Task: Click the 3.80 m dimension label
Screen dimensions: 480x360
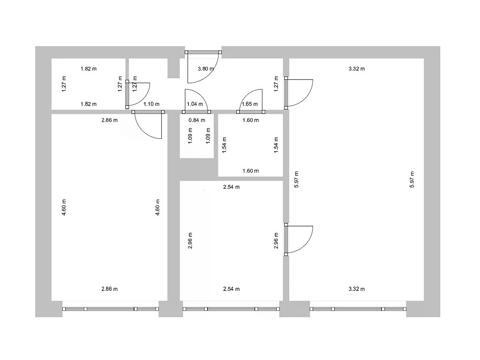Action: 206,69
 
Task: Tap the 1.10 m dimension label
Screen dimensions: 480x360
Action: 151,104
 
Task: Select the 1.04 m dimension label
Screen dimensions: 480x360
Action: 195,104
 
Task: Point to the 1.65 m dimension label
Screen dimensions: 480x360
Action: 250,104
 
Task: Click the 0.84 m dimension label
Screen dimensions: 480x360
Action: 197,120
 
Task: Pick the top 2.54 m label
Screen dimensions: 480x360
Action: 231,187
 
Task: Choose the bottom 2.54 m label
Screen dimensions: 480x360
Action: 231,289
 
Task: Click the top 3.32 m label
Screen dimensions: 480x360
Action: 357,69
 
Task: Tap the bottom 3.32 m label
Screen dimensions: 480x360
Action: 357,289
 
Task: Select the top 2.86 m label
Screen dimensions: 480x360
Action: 110,120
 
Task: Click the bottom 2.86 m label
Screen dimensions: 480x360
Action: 110,289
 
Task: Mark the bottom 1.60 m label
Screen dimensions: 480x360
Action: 251,171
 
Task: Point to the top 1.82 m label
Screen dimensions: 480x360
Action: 88,69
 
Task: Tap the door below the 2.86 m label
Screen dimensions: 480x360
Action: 148,124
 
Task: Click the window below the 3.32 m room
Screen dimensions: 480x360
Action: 358,309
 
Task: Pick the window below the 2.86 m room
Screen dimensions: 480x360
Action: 111,309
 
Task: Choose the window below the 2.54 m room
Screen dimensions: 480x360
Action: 231,309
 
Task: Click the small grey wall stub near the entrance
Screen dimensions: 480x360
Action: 174,68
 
